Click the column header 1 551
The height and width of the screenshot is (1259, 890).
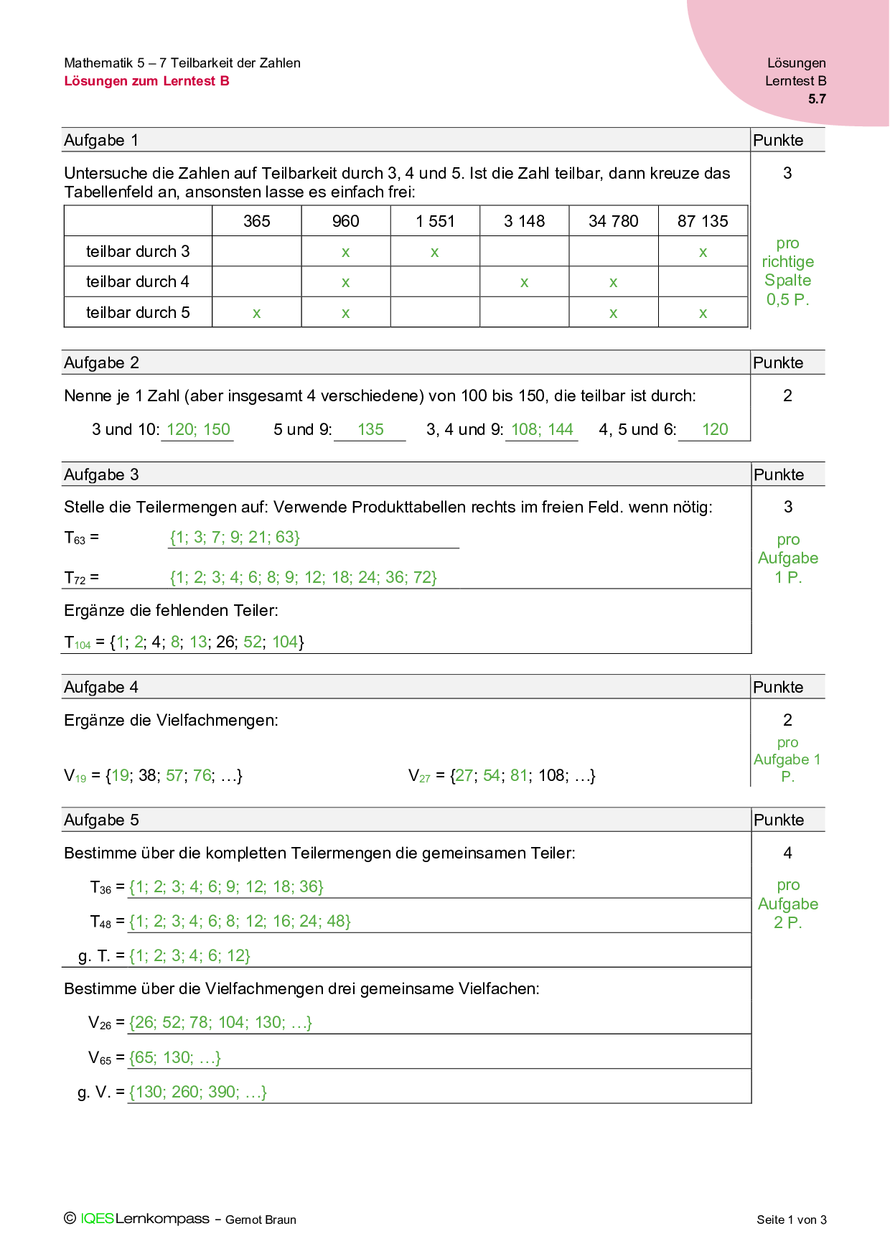point(435,221)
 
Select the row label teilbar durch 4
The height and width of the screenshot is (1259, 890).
point(137,281)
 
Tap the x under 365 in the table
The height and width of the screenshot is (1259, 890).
point(256,314)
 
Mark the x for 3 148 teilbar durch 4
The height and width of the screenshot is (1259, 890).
point(524,283)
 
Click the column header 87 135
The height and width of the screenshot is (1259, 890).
point(703,221)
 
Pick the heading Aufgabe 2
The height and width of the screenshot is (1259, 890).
point(101,362)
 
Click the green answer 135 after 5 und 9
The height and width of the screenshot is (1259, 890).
point(370,429)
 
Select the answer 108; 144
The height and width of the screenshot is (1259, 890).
point(542,429)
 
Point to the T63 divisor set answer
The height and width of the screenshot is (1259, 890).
point(235,537)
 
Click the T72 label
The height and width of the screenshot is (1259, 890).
point(80,577)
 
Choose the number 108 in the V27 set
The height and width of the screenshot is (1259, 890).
point(551,775)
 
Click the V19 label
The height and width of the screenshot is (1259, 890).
point(75,776)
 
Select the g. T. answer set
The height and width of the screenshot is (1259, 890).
point(189,955)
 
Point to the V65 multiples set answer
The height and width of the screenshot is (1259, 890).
point(175,1057)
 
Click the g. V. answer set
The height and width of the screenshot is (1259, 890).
point(198,1092)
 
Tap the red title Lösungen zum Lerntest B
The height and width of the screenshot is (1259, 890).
point(146,81)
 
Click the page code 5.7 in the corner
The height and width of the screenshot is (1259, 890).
point(817,99)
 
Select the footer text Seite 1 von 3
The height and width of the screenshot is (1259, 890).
point(791,1220)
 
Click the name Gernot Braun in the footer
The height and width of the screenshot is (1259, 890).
point(261,1220)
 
